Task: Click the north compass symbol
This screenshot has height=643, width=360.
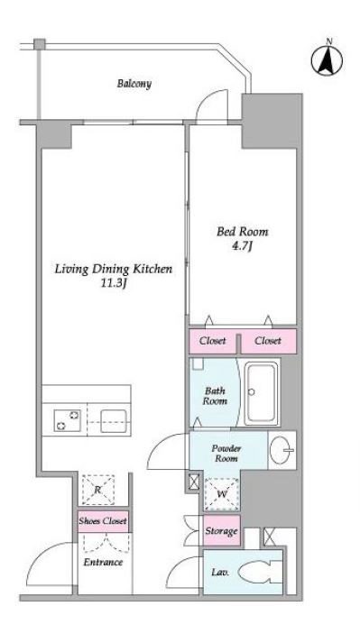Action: point(327,60)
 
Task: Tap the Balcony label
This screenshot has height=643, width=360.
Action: point(134,84)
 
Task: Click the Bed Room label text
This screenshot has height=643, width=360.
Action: point(242,232)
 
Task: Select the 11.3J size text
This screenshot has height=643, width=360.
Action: point(114,283)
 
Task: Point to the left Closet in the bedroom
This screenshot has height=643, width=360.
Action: point(213,341)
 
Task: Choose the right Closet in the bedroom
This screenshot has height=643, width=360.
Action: point(268,341)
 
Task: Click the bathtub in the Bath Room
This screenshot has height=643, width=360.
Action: point(260,392)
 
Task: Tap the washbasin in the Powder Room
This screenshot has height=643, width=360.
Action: point(282,450)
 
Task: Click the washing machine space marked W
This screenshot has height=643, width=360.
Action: point(222,494)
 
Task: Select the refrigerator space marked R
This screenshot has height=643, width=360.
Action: point(98,490)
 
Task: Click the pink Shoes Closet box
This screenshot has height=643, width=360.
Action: point(103,521)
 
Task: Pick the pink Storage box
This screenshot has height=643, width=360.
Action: point(222,531)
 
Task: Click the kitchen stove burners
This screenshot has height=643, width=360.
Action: point(68,420)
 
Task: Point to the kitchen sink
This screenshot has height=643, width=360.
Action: point(114,421)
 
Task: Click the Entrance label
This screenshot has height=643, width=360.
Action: point(103,562)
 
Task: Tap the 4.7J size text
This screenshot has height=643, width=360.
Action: point(243,247)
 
